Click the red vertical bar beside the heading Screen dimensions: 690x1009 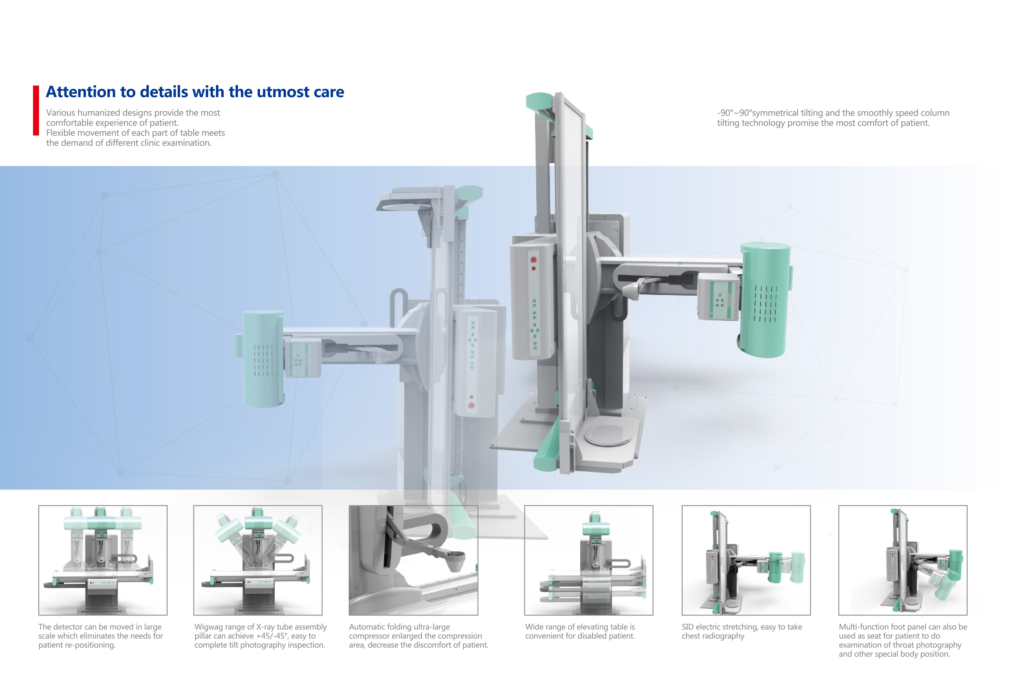[36, 110]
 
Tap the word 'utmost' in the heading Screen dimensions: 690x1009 [285, 92]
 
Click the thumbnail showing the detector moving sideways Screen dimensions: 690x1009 [103, 560]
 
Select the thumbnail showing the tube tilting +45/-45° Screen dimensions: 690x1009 [258, 560]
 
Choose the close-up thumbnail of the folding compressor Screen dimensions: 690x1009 [413, 560]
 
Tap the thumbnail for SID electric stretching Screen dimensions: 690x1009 [746, 560]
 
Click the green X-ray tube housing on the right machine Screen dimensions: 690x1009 [765, 300]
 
